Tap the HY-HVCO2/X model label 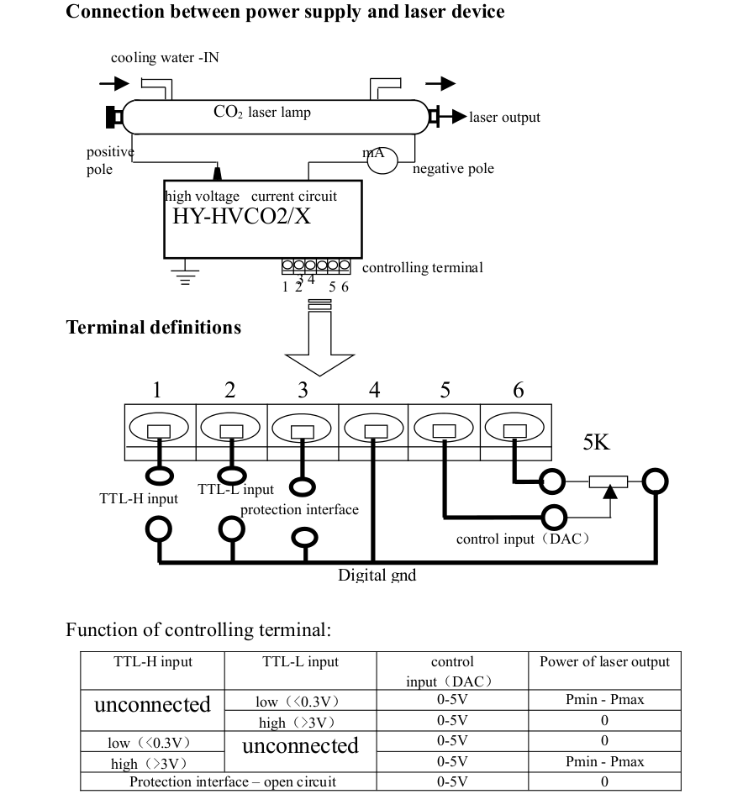point(241,216)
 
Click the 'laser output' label point(504,118)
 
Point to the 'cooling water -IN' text point(165,58)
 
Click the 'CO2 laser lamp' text point(261,112)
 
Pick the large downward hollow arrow point(320,345)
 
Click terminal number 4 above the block point(374,390)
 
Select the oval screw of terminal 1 point(159,429)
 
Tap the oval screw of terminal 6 point(515,429)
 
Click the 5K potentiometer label point(596,443)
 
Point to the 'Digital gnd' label point(377,576)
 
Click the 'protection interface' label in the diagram point(299,509)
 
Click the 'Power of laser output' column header point(604,662)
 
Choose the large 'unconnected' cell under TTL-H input point(152,704)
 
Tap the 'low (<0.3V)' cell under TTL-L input point(300,701)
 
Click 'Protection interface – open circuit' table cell point(232,782)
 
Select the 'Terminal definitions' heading point(154,328)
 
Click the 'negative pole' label point(453,169)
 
